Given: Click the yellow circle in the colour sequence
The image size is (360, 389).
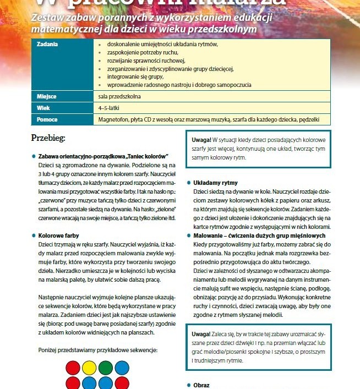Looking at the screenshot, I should [x=88, y=366].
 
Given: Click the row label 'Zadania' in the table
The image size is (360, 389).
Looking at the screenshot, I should [x=47, y=43].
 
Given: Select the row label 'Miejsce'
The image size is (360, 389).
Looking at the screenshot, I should [x=47, y=96].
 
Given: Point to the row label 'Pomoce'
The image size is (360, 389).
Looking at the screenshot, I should [x=47, y=119].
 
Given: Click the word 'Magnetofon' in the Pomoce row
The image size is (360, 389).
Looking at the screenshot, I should [x=114, y=119].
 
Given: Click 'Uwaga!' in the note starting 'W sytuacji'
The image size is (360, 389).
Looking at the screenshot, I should [x=201, y=138].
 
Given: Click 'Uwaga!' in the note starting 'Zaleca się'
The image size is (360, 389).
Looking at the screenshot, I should [x=201, y=333].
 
